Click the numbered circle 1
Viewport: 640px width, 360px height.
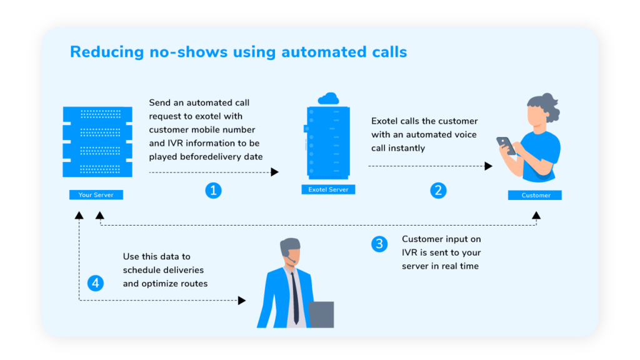[213, 191]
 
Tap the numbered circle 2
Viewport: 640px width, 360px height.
[438, 191]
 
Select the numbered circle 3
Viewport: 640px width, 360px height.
[379, 244]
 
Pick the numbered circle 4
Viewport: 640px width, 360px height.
[96, 283]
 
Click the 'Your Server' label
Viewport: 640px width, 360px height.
[96, 195]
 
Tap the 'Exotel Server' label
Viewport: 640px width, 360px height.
[328, 189]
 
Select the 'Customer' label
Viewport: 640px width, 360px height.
[536, 195]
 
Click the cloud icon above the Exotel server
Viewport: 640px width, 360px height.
[327, 99]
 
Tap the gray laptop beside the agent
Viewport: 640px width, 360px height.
[321, 314]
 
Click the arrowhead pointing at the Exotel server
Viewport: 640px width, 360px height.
[275, 172]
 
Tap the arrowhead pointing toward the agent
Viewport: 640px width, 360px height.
[242, 301]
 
